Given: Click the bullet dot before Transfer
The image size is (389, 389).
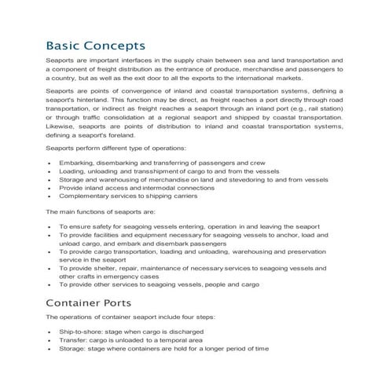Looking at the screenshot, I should tap(50, 341).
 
